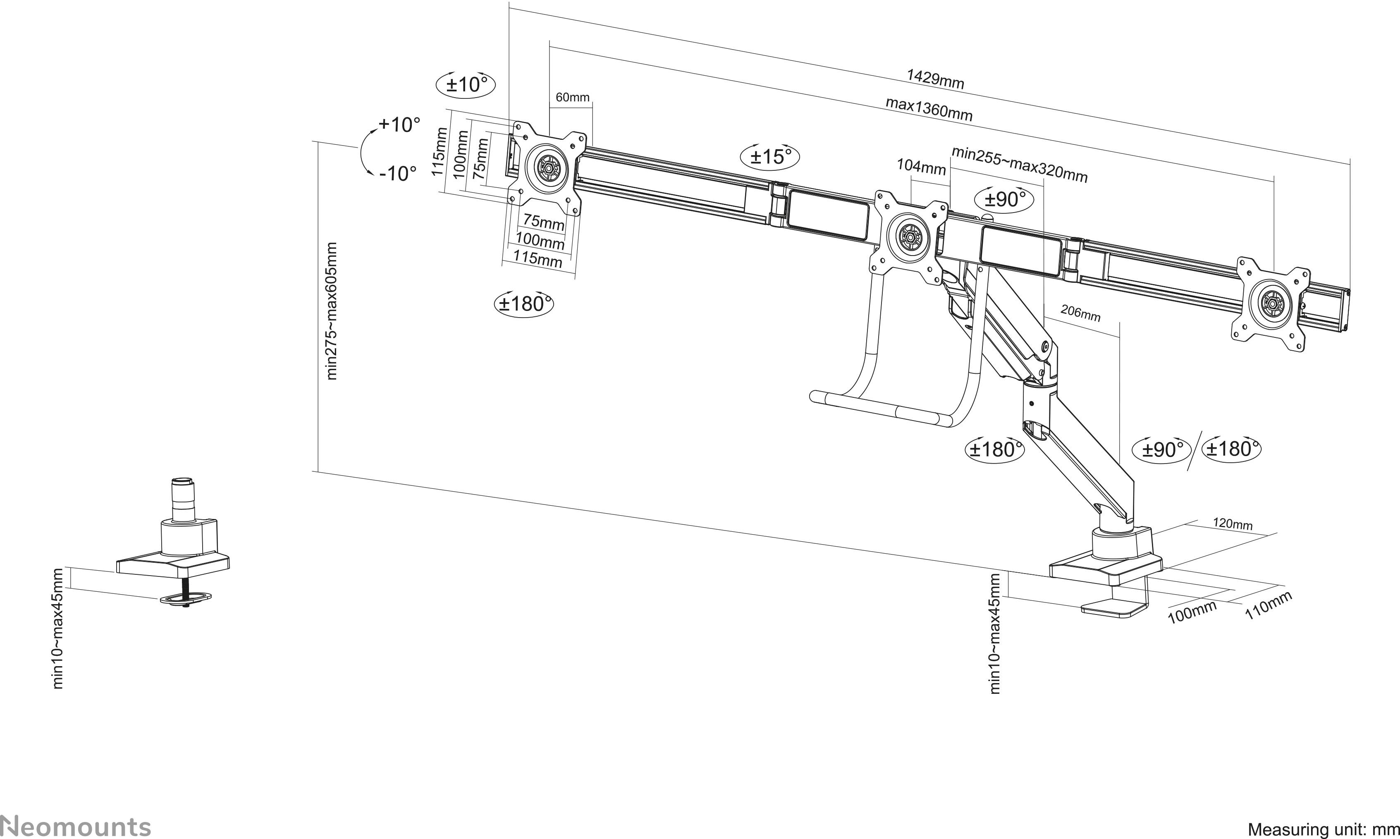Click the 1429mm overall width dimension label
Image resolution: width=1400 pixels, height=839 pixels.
(x=935, y=79)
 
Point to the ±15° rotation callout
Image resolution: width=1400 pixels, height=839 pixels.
(x=770, y=156)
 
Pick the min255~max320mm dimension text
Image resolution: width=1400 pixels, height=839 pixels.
(x=1019, y=165)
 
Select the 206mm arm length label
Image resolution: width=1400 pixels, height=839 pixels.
(x=1080, y=313)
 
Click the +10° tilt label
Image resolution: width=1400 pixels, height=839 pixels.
(x=399, y=124)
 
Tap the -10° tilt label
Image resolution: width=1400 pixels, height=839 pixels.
(x=397, y=173)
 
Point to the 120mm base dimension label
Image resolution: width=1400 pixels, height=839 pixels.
(x=1232, y=524)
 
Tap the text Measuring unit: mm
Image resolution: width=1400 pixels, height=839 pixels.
(x=1323, y=829)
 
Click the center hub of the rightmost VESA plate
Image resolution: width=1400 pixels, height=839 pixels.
(x=1271, y=305)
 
